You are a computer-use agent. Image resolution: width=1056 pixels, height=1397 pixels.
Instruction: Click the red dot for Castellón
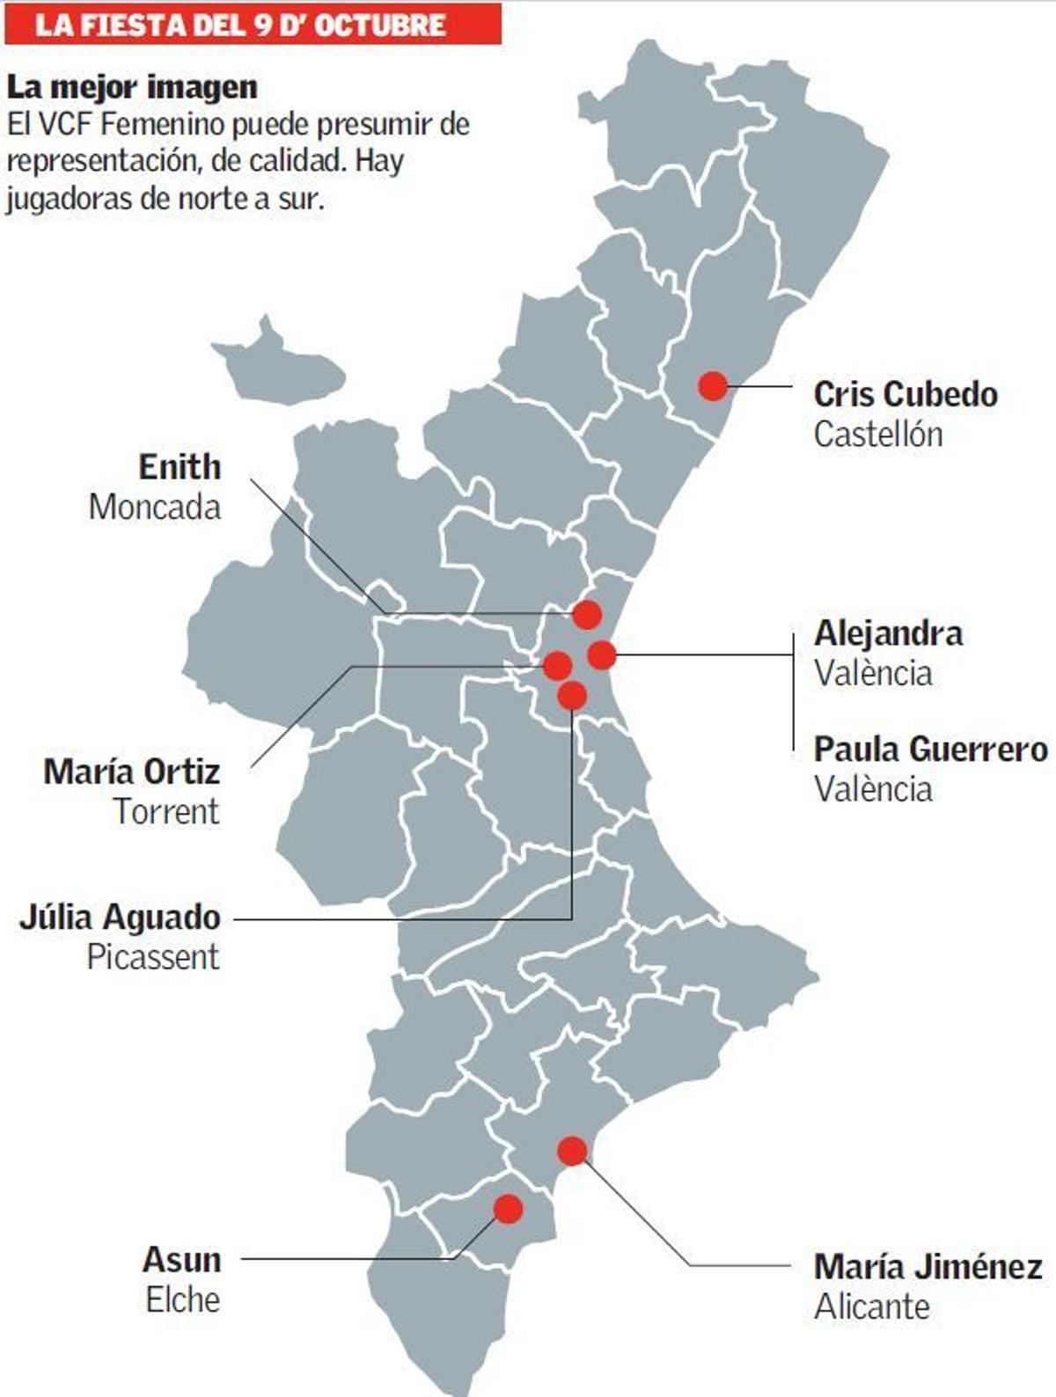click(x=713, y=385)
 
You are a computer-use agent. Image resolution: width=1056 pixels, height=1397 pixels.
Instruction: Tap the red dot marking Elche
click(x=508, y=1209)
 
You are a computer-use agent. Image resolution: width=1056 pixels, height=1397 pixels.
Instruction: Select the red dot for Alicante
click(x=572, y=1150)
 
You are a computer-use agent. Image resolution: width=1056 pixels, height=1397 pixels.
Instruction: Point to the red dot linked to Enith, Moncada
click(x=587, y=614)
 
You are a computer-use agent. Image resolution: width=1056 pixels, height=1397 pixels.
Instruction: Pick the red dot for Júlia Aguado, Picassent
click(x=572, y=695)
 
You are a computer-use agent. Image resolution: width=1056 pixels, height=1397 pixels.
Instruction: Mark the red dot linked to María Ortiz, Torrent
click(x=557, y=665)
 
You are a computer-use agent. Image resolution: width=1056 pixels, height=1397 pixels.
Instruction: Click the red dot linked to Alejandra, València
click(x=602, y=655)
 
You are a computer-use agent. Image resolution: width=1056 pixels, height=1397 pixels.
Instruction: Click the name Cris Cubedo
click(x=906, y=394)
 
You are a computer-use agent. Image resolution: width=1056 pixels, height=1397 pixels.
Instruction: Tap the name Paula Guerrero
click(x=930, y=750)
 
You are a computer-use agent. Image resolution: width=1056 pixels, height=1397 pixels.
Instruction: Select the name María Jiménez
click(x=928, y=1267)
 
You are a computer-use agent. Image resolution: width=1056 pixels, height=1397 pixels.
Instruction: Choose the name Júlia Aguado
click(x=121, y=918)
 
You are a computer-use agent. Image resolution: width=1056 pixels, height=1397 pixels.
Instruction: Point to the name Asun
click(x=181, y=1260)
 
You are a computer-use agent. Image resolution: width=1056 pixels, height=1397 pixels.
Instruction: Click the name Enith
click(x=180, y=467)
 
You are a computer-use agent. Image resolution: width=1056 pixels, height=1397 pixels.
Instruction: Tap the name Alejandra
click(x=888, y=633)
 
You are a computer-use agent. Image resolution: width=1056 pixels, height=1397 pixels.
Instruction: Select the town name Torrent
click(x=166, y=811)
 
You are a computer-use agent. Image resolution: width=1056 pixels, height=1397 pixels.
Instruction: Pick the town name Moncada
click(x=155, y=508)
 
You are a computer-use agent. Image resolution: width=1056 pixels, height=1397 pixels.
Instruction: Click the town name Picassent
click(x=153, y=957)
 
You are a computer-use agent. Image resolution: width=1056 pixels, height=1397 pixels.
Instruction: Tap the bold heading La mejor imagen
click(x=132, y=87)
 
